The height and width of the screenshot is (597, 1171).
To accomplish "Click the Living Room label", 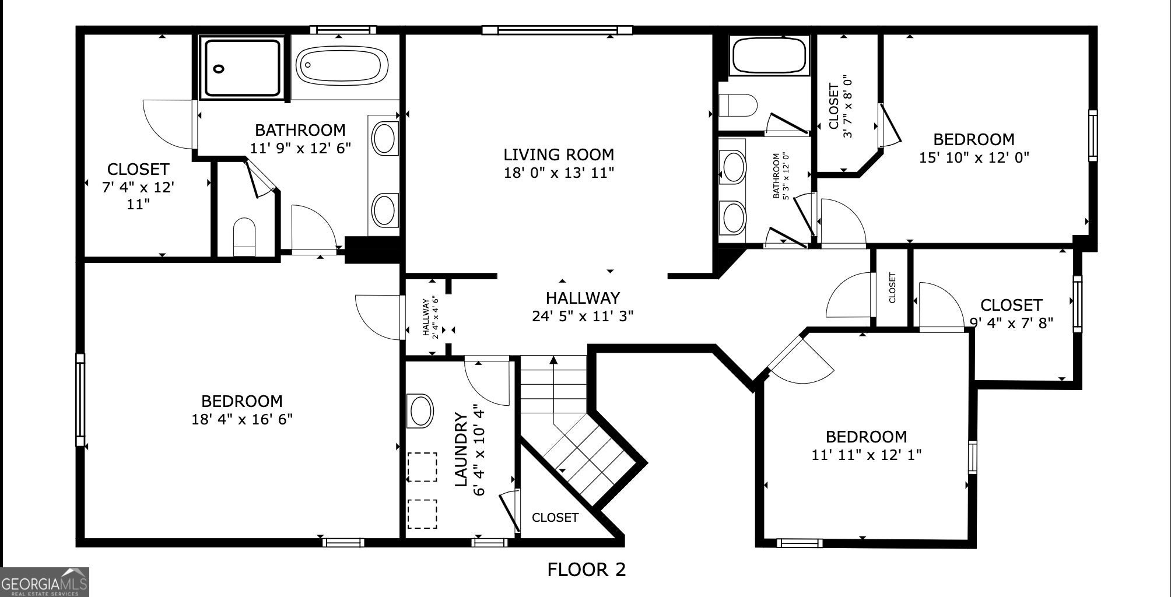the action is coord(559,154).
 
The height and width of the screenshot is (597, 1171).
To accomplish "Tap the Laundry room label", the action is coord(461,449).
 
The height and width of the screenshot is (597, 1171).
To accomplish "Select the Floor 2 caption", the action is coord(586,569).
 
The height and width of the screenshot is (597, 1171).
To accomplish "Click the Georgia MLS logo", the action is coord(44,582).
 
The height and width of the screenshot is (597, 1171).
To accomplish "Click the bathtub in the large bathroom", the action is coord(342,65).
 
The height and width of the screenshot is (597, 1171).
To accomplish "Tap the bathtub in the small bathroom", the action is coord(770,57).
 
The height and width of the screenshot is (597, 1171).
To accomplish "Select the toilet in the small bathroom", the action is coord(738,106).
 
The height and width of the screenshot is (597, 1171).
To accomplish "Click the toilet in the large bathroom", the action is coord(244,237).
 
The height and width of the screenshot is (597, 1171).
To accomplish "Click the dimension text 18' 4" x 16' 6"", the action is coord(242,419).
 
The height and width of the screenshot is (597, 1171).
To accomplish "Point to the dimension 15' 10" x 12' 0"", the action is coord(974,157).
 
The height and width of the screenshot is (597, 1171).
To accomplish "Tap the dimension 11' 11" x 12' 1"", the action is coord(866,455).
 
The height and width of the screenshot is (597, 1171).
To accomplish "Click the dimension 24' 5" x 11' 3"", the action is coord(583,316).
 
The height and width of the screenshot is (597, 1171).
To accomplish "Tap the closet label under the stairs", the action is coord(555,518).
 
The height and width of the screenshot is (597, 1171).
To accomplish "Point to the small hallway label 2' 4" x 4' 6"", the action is coord(430,317).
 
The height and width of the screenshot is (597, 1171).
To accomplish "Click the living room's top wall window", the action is coord(557,30).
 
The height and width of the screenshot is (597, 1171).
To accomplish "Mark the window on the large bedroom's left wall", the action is coord(80,400).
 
